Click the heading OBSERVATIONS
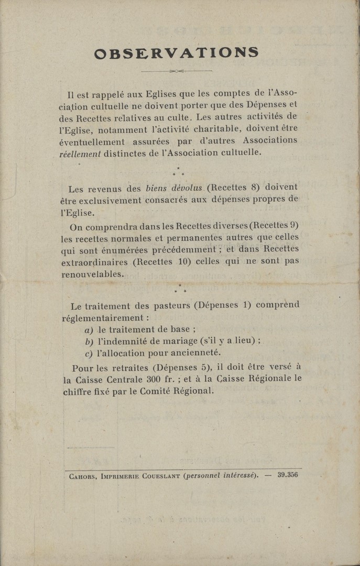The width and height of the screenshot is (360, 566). (x=176, y=53)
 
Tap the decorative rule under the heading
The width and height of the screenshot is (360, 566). (x=177, y=71)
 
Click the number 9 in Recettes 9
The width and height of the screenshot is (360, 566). (x=294, y=225)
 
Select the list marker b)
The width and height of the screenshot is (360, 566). (x=89, y=342)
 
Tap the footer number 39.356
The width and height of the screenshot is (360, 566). (x=288, y=475)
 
